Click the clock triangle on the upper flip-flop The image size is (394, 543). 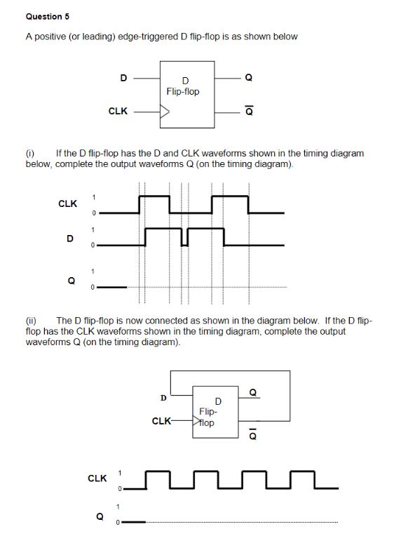(x=165, y=110)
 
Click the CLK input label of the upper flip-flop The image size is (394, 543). (x=118, y=111)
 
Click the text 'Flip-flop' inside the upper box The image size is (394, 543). (x=183, y=92)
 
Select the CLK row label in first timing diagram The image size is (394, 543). (x=68, y=203)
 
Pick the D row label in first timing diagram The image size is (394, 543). (x=69, y=238)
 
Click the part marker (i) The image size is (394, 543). (x=30, y=154)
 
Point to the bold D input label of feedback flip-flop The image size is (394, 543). (x=163, y=398)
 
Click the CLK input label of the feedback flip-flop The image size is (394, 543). (x=161, y=422)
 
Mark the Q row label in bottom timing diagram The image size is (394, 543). (x=100, y=516)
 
